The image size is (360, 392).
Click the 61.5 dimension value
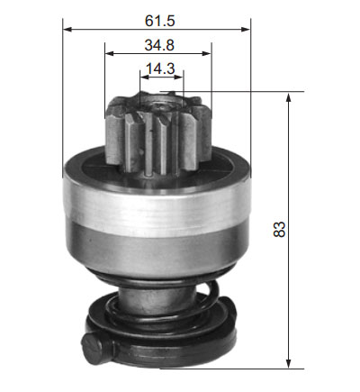point(159,21)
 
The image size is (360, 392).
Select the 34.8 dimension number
point(159,45)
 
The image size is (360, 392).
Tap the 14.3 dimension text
point(160,68)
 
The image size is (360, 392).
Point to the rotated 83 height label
point(280,230)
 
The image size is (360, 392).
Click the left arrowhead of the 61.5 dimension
point(67,29)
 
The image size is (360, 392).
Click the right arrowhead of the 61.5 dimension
point(246,29)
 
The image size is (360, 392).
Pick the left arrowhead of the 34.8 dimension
point(110,53)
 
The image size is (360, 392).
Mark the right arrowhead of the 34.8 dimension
point(207,53)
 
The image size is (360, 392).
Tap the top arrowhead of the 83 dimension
point(289,97)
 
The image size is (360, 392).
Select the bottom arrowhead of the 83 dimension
point(289,363)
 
